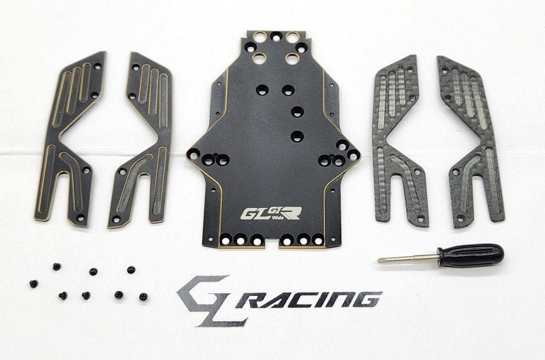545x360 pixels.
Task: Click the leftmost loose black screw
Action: point(32,282)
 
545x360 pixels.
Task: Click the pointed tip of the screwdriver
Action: point(379,260)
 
